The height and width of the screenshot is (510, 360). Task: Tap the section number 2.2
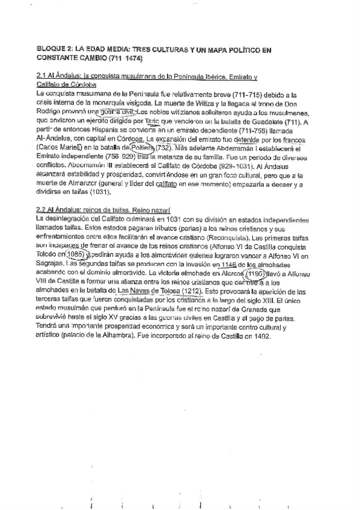click(x=43, y=210)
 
